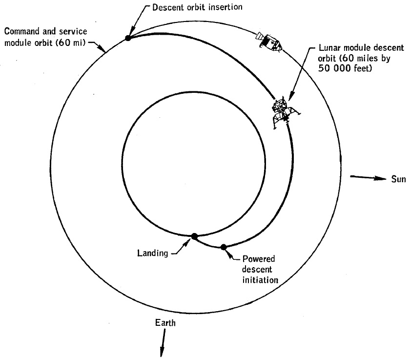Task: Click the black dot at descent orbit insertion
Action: pyautogui.click(x=128, y=38)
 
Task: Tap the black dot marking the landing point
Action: pyautogui.click(x=194, y=236)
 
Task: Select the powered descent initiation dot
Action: pyautogui.click(x=224, y=247)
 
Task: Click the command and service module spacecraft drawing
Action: pyautogui.click(x=270, y=42)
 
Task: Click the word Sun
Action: pyautogui.click(x=398, y=179)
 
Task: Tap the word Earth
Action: pyautogui.click(x=164, y=323)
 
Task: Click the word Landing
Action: pyautogui.click(x=152, y=253)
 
